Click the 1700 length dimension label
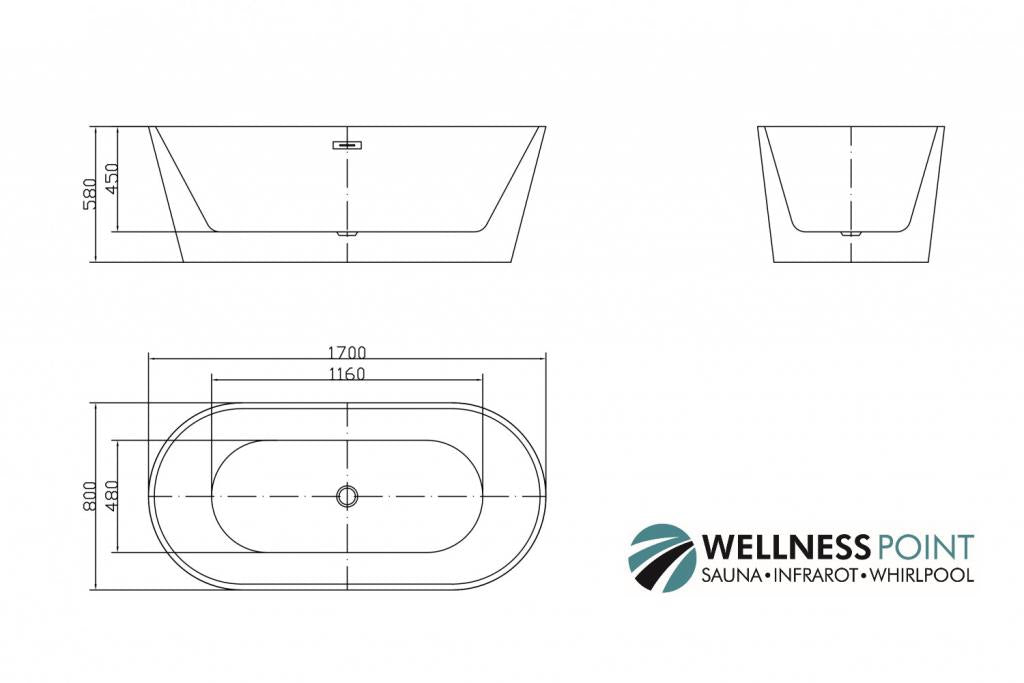click(346, 352)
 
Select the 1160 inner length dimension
click(346, 374)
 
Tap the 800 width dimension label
click(90, 496)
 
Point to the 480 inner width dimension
click(112, 496)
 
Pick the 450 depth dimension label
click(112, 179)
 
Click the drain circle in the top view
click(347, 496)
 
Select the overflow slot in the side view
click(347, 145)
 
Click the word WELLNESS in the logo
click(785, 547)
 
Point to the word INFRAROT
click(818, 575)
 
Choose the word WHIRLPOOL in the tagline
click(922, 575)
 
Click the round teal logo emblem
click(661, 558)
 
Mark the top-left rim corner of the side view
click(149, 127)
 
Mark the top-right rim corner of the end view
click(944, 127)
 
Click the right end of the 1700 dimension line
click(545, 358)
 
